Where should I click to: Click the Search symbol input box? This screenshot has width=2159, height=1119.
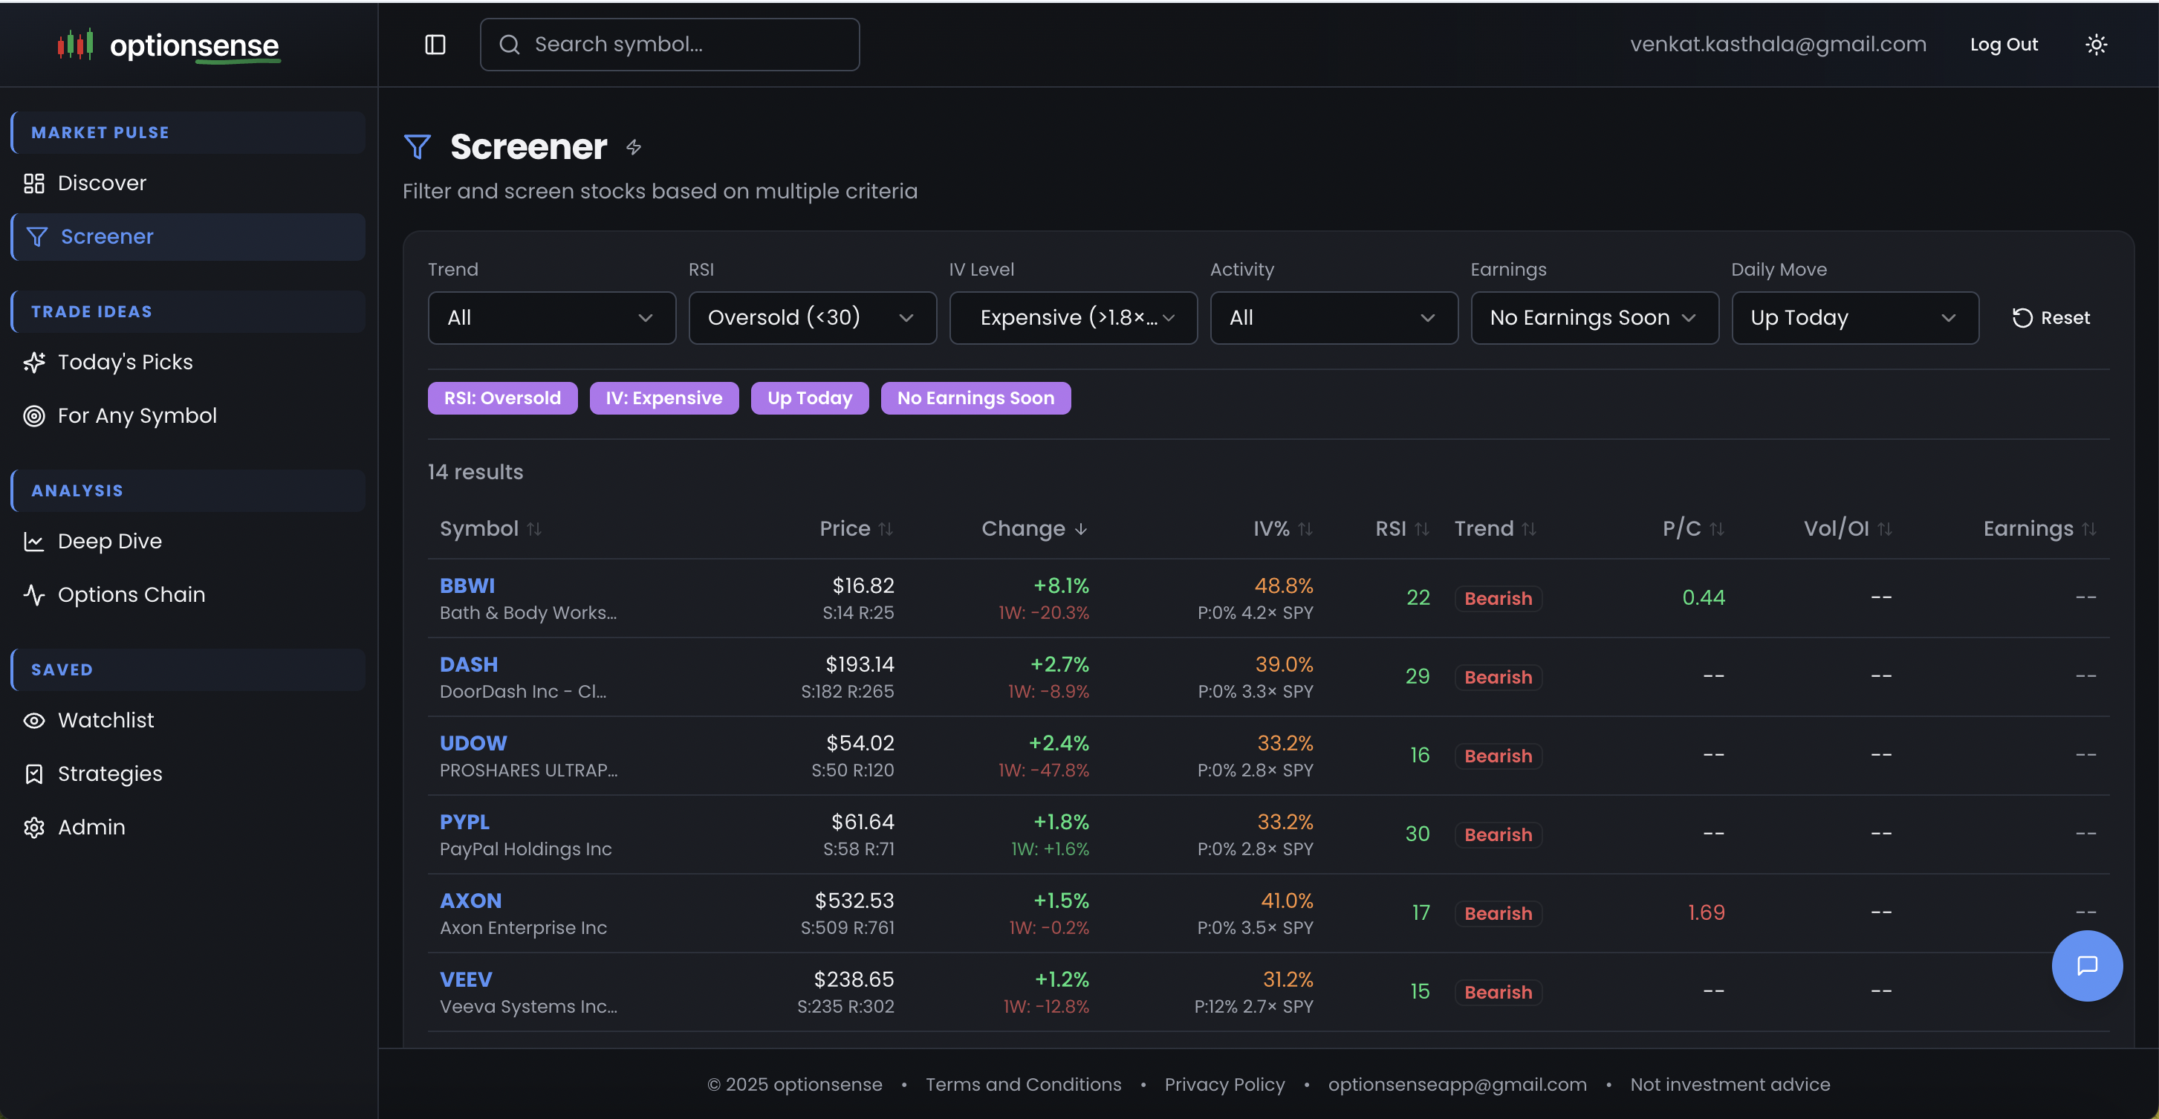(x=670, y=45)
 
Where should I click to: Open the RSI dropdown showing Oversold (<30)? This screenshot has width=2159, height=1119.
(x=811, y=318)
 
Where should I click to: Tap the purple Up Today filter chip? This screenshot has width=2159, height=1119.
(x=809, y=398)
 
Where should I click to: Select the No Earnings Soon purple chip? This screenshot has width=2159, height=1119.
(x=975, y=398)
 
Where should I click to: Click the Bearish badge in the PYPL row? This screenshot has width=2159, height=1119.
(x=1497, y=835)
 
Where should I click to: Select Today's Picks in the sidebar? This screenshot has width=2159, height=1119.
(x=125, y=362)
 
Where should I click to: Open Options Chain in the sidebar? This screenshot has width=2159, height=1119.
(x=131, y=594)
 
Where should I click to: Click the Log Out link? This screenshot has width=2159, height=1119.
(x=2003, y=45)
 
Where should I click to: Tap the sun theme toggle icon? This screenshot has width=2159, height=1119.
(x=2095, y=45)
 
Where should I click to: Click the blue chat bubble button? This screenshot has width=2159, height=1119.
(x=2086, y=966)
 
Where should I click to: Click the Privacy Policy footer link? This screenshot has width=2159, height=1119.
(x=1224, y=1084)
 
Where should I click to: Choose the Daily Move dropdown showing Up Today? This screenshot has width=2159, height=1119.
(x=1854, y=318)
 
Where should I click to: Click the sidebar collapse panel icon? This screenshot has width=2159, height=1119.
(x=435, y=45)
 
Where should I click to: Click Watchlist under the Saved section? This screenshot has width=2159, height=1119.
(x=105, y=720)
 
